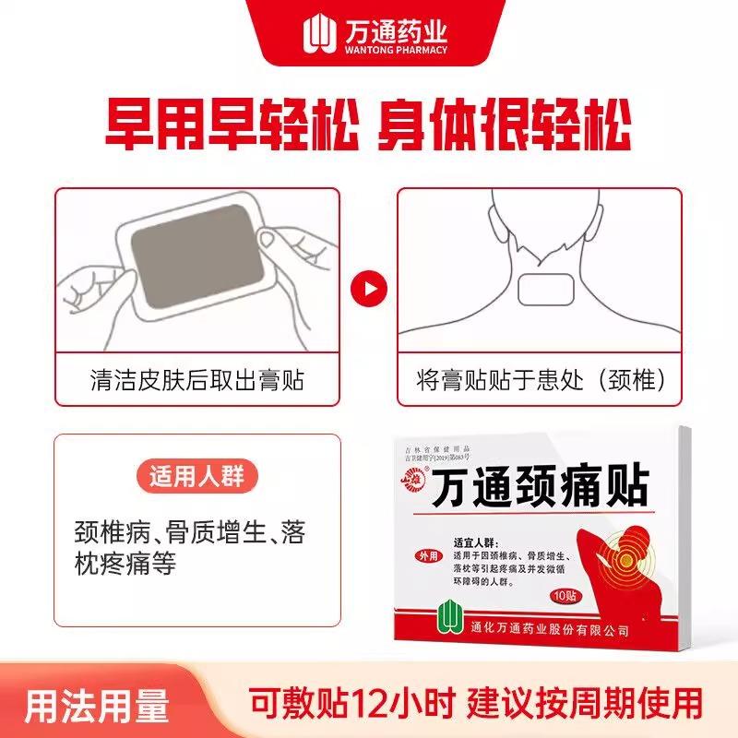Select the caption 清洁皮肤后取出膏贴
[x=197, y=379]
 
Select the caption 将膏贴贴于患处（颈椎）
[x=541, y=379]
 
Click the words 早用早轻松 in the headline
[x=228, y=133]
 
